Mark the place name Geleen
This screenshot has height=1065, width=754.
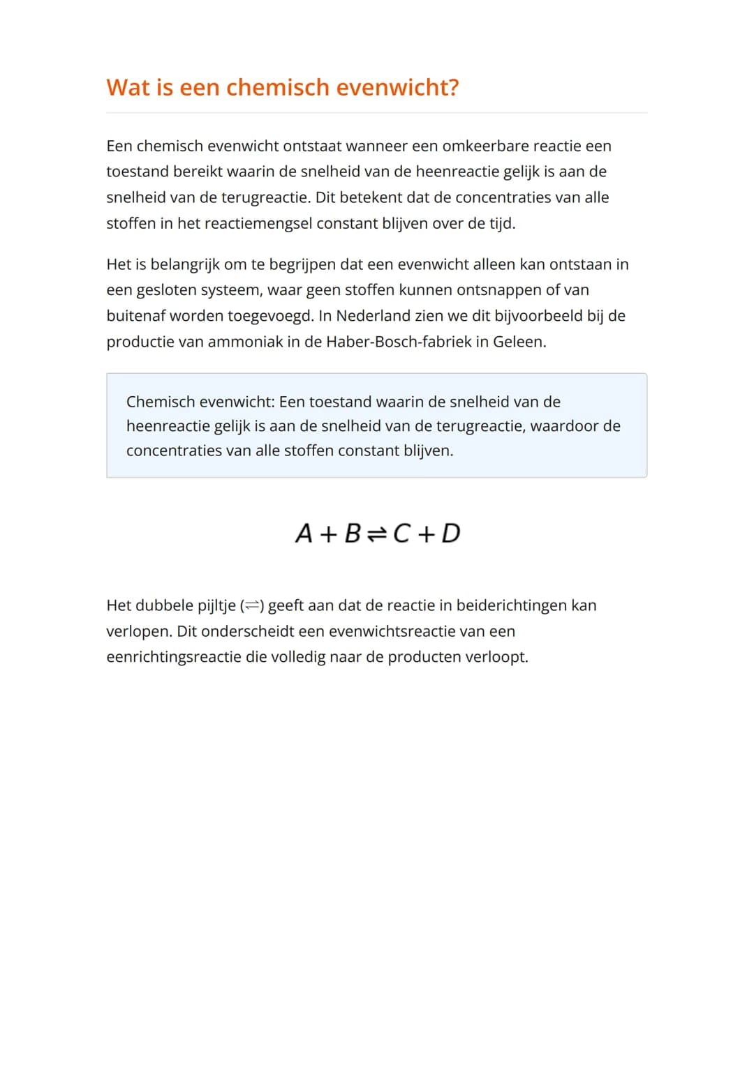[519, 342]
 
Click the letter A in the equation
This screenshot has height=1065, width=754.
[304, 534]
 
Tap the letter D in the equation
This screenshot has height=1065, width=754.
[451, 534]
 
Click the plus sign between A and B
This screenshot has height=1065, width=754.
[328, 534]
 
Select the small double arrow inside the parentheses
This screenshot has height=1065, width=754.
[251, 606]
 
